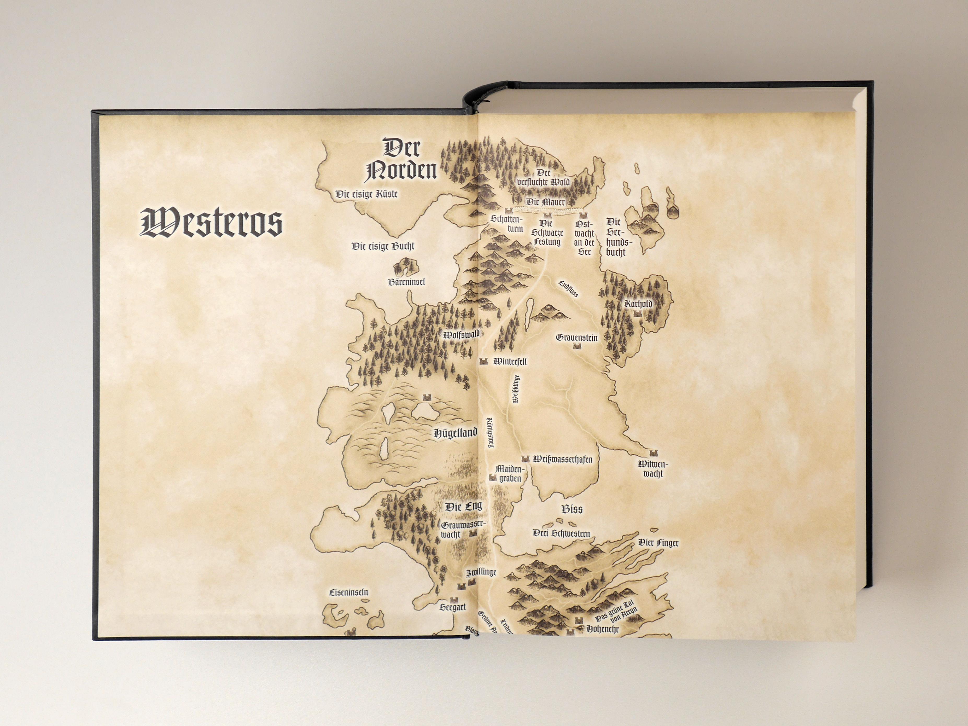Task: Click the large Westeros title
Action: [211, 223]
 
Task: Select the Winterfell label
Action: [510, 362]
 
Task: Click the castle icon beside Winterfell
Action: [483, 362]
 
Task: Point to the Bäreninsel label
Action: [406, 282]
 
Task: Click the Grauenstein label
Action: [576, 338]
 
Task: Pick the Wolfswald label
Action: [461, 335]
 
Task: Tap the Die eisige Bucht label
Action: [383, 246]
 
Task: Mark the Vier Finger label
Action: [658, 543]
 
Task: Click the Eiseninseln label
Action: [348, 593]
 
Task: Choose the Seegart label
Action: [452, 607]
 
